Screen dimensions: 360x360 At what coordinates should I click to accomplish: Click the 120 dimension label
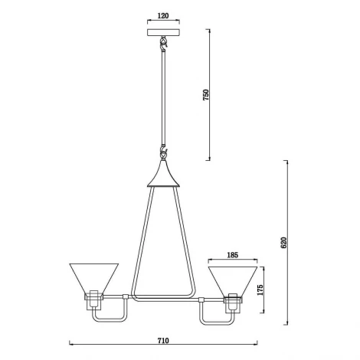[163, 16]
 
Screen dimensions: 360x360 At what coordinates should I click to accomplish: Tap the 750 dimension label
[206, 95]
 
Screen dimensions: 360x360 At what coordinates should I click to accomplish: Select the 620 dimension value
[283, 243]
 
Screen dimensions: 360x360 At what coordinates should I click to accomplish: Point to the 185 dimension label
[232, 255]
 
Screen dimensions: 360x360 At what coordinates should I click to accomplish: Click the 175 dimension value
[260, 290]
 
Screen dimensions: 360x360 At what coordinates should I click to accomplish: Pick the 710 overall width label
[163, 341]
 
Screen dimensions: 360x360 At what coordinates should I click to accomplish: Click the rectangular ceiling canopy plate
[163, 32]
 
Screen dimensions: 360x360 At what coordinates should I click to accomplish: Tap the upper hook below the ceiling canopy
[163, 43]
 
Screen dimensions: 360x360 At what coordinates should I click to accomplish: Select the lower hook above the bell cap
[163, 152]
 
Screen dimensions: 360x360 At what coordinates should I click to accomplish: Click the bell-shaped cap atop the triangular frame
[163, 174]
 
